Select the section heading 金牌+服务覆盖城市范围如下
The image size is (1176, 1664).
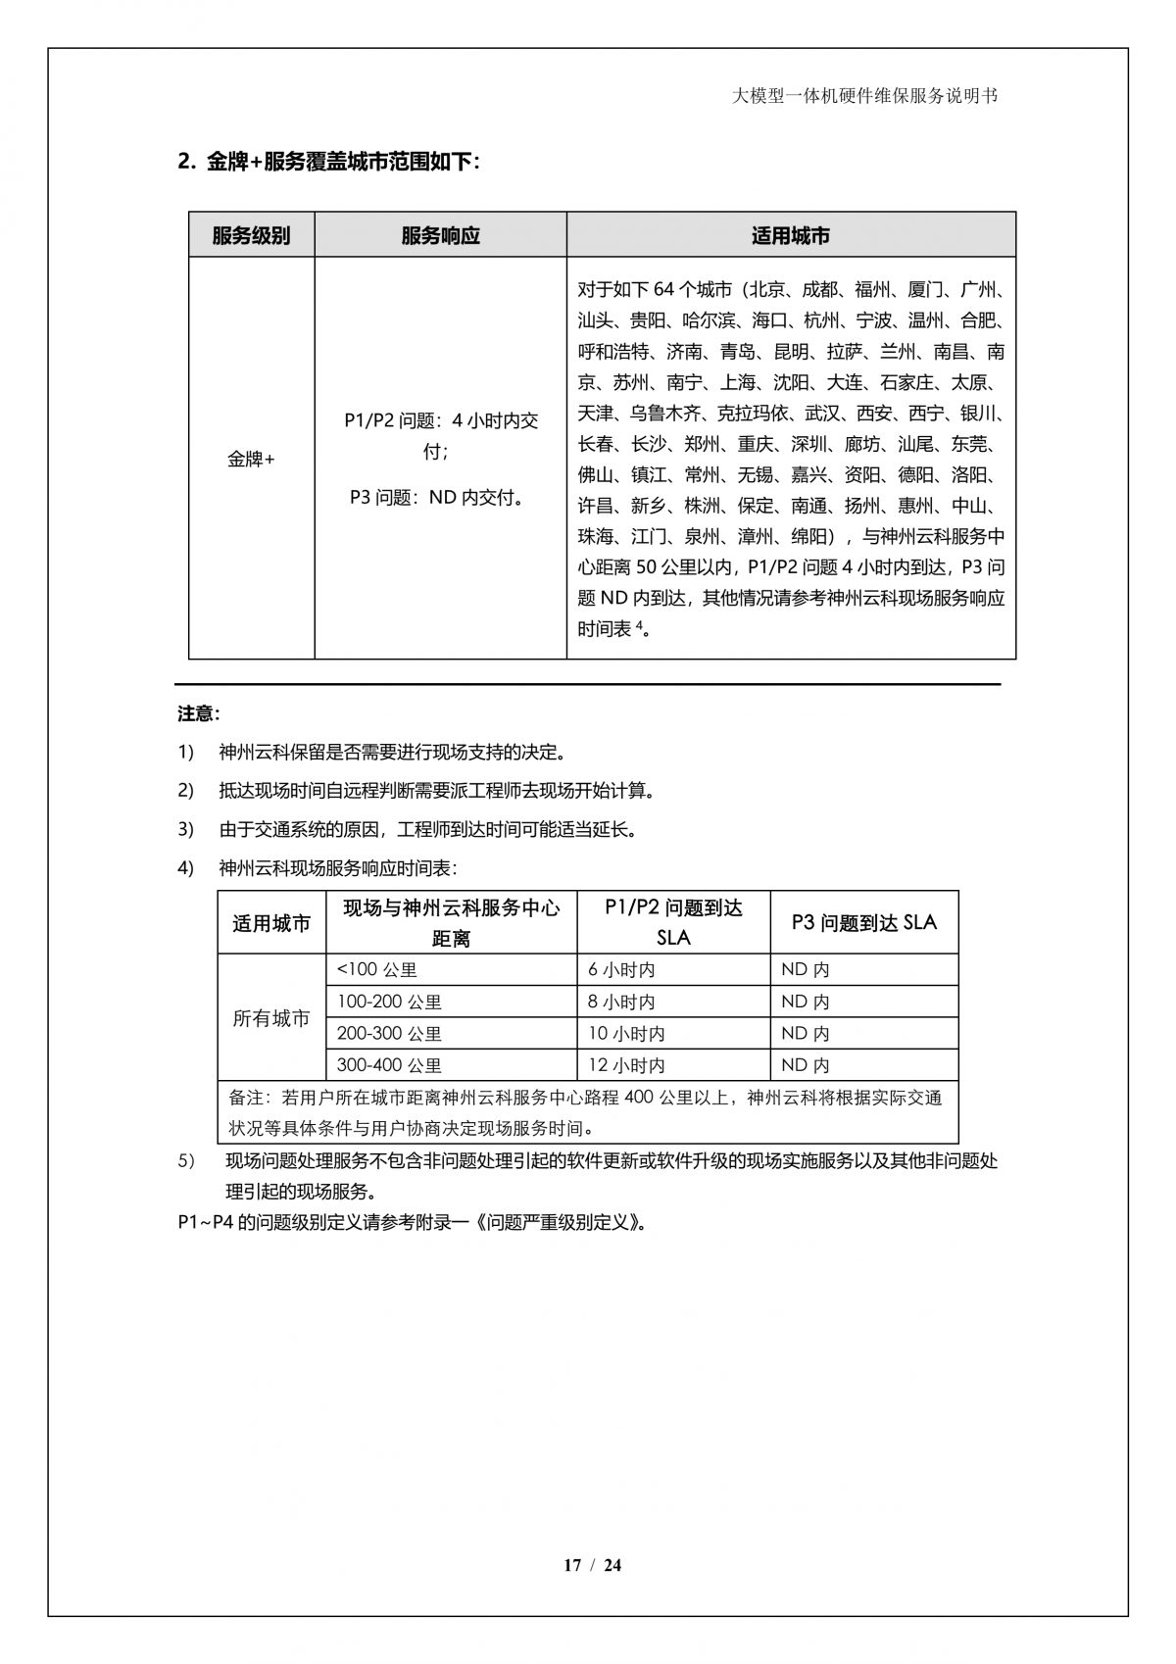(328, 163)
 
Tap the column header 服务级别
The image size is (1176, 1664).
(251, 236)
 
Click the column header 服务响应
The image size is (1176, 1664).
(440, 236)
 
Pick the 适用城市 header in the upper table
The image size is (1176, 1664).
(790, 236)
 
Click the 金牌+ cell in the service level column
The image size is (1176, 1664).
(251, 459)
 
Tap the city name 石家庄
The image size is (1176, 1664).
(906, 382)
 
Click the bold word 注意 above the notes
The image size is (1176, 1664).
(198, 714)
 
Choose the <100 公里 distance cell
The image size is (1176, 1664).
(377, 970)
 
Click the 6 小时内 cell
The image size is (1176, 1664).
(621, 970)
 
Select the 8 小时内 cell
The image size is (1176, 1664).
(621, 1003)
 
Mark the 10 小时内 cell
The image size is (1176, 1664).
(626, 1034)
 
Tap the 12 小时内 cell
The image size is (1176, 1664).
(626, 1065)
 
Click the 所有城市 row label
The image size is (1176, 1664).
(270, 1018)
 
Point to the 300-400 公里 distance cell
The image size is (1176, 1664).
(389, 1065)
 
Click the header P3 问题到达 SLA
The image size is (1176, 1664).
(863, 923)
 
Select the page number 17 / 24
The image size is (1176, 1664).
(592, 1565)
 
